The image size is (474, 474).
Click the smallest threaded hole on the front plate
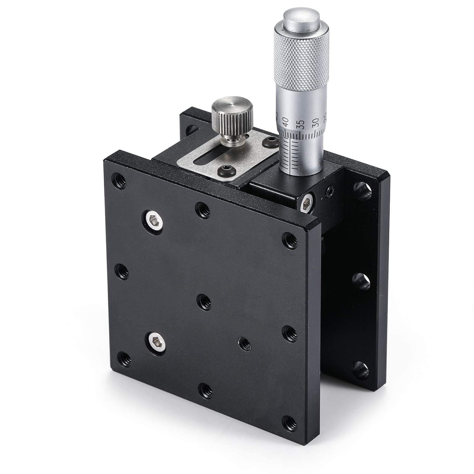click(245, 344)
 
